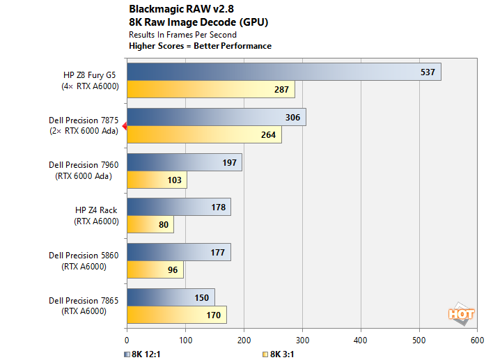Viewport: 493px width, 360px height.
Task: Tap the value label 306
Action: pos(292,118)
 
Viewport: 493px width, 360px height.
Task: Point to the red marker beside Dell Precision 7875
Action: pos(124,126)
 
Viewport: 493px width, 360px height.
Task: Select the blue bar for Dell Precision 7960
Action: pos(184,162)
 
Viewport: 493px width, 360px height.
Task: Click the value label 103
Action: pos(174,180)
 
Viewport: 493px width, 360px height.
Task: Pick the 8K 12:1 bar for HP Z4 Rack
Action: pos(178,207)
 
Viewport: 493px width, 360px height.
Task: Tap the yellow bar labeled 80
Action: pos(150,225)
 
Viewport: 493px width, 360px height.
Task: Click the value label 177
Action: pos(217,253)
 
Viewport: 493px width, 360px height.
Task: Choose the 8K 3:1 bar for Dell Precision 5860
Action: pos(155,270)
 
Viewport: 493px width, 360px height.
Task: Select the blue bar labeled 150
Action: pos(171,297)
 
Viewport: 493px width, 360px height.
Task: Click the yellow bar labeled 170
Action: pos(176,315)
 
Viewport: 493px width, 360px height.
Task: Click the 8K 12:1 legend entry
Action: pos(148,353)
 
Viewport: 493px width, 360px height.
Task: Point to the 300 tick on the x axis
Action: pos(302,341)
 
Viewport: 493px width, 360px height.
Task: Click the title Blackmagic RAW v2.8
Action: pos(182,10)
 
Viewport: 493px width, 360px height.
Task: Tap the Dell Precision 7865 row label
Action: pos(83,306)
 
